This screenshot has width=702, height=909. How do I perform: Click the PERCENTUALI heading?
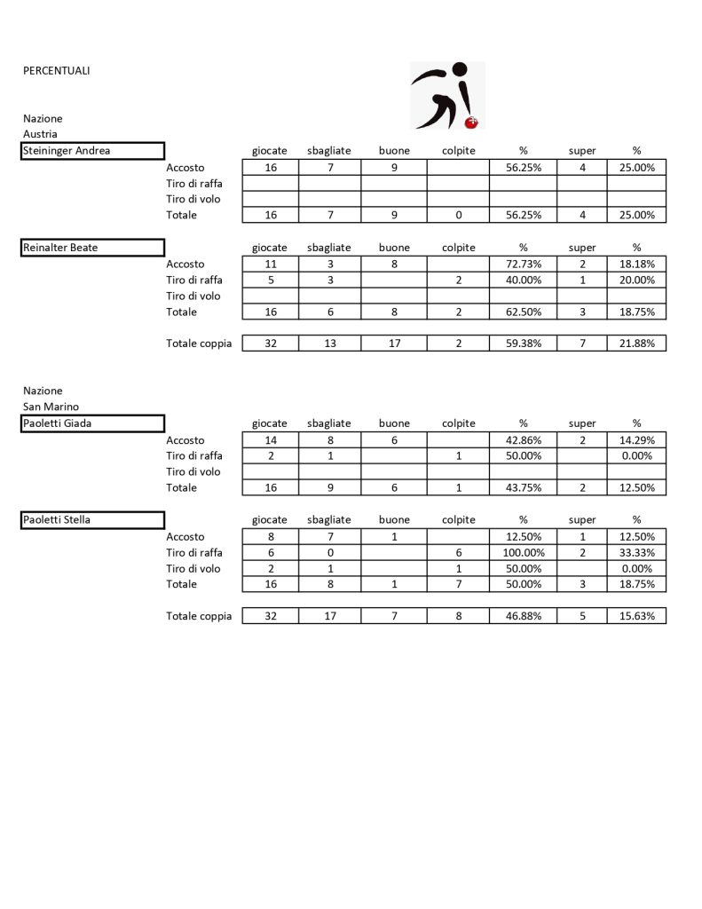(x=56, y=71)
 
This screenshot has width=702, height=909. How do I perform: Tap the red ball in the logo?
(x=472, y=122)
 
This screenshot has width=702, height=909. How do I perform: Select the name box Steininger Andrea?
(x=93, y=151)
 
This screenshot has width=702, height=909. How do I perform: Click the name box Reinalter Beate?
(x=93, y=248)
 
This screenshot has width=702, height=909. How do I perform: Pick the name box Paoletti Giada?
(x=93, y=423)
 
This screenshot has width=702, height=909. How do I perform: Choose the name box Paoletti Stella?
(x=93, y=520)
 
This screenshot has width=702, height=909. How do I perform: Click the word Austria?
(x=40, y=134)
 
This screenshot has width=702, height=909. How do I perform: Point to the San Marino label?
(x=51, y=407)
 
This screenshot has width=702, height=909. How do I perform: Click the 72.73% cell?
(x=523, y=265)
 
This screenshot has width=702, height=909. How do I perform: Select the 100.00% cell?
(x=523, y=553)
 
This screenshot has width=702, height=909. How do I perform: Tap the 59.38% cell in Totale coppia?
(x=523, y=344)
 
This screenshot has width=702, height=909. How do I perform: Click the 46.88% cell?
(x=523, y=616)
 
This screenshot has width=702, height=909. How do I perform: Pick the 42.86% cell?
(x=523, y=440)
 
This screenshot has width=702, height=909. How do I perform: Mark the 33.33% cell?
(x=636, y=553)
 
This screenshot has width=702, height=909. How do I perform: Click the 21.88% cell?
(x=636, y=344)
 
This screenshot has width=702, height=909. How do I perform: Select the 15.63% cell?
(x=636, y=616)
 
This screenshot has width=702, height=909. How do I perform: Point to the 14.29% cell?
(x=636, y=440)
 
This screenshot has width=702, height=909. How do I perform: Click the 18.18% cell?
(x=636, y=265)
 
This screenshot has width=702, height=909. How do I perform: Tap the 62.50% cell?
(x=523, y=312)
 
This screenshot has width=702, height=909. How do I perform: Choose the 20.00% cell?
(x=636, y=281)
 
